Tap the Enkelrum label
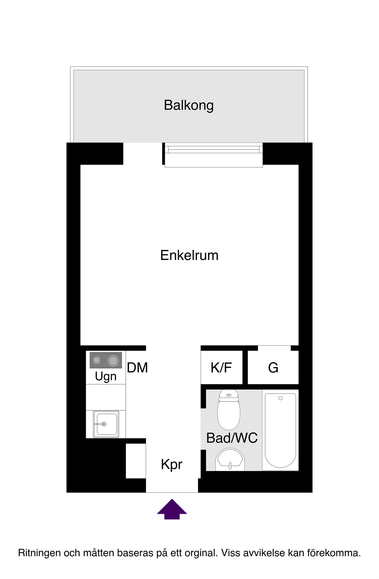point(189,255)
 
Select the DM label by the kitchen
point(137,368)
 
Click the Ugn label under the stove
point(106,377)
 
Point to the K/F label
point(221,368)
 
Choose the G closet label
point(273,368)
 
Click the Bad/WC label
point(232,438)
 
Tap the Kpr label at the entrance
point(171,464)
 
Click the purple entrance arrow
point(172,509)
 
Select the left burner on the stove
point(97,360)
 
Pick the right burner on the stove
point(113,361)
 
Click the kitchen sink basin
point(106,424)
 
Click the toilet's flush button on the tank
point(229,395)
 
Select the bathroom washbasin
point(230,460)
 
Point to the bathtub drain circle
point(280,398)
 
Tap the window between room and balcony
point(214,155)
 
